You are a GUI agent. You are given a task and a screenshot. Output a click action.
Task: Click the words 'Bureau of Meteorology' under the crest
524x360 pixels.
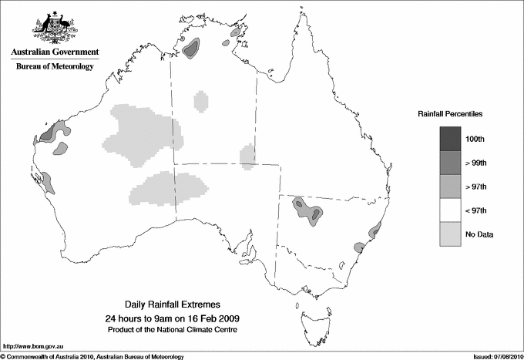click(x=54, y=66)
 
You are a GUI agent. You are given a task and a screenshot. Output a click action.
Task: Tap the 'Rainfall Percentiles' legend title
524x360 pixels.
click(x=450, y=114)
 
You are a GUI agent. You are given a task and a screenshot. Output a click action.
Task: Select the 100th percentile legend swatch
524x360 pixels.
click(x=451, y=138)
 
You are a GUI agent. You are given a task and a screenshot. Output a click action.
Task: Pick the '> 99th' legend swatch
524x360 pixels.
click(x=451, y=162)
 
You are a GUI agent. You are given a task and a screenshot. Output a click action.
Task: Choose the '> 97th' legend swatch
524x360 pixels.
click(x=451, y=186)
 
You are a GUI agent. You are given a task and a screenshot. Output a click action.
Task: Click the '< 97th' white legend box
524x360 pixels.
click(x=451, y=210)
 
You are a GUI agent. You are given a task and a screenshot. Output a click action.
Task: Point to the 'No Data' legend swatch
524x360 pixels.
click(x=451, y=234)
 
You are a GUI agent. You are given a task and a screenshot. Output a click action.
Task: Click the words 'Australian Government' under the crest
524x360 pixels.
click(x=54, y=52)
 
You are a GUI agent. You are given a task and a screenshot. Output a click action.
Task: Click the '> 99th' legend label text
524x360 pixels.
click(x=477, y=162)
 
